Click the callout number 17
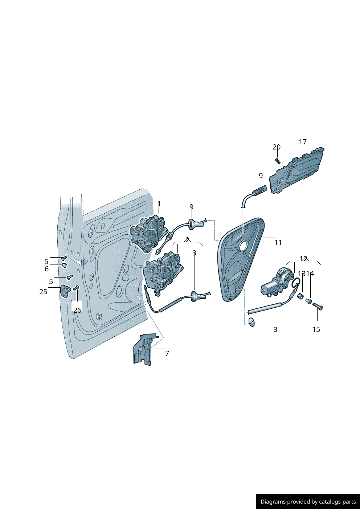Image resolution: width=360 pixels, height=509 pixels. pos(303,142)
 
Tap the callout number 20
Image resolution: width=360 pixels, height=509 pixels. pos(277,147)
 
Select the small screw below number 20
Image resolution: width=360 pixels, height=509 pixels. pos(278,160)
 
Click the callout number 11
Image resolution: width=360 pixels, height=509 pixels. pos(278,242)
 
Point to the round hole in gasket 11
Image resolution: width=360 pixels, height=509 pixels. pos(243,246)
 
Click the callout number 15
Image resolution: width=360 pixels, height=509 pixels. pos(316,329)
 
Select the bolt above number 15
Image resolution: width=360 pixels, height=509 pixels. pos(318,307)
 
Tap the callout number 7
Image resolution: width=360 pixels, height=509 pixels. pos(167,353)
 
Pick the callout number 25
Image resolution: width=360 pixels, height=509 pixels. pos(43,292)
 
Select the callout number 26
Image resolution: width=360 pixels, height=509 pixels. pos(77,310)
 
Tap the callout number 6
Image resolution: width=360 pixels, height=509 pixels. pos(46,269)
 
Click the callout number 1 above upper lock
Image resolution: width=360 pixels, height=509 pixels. pos(159,204)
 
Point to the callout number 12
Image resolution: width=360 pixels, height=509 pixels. pos(303,259)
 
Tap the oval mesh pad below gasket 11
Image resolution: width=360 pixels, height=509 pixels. pos(251,322)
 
